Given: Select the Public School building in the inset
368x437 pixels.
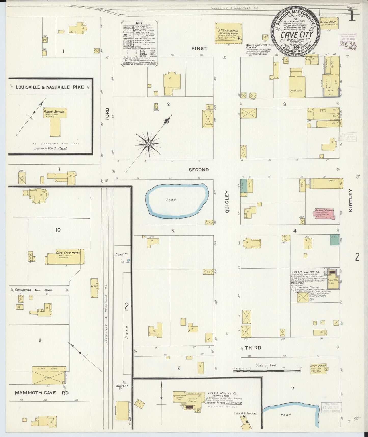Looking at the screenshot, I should pos(55,120).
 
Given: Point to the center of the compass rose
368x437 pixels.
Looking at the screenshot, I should pos(148,144).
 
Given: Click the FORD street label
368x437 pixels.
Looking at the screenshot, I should pos(107,114).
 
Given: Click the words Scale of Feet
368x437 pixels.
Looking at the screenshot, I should pos(266,365).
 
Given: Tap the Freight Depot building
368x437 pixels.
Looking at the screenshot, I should pos(329,23).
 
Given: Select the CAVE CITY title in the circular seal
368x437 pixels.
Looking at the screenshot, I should pos(293,35).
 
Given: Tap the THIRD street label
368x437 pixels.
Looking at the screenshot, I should pos(253,348).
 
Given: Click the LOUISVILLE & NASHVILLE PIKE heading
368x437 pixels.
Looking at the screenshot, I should pos(50,87).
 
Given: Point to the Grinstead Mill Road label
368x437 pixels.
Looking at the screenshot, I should pos(33,290).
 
